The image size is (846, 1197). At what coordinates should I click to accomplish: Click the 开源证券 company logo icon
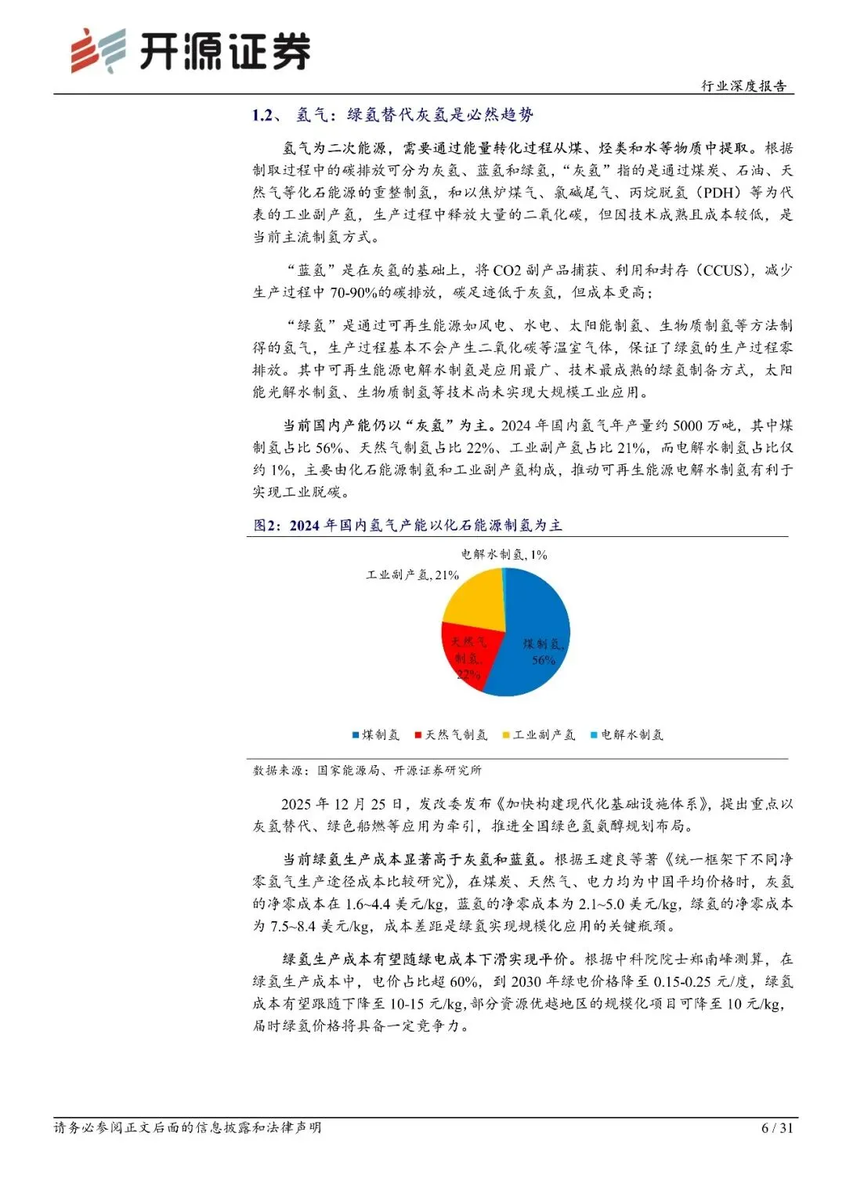[x=97, y=52]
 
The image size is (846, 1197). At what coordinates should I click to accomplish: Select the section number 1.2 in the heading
[x=262, y=116]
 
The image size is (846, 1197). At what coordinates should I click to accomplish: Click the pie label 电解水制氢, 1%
[x=504, y=555]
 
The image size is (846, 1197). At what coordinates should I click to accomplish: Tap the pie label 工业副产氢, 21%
[x=412, y=575]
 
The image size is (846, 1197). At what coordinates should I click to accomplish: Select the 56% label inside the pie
[x=544, y=661]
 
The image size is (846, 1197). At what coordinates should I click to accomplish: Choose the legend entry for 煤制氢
[x=376, y=735]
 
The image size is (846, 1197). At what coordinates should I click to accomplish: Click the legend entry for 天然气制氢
[x=451, y=735]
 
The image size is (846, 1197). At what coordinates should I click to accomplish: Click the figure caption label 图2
[x=266, y=526]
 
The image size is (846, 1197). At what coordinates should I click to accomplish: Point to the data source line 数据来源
[x=367, y=771]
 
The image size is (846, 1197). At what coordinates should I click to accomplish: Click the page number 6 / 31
[x=777, y=1128]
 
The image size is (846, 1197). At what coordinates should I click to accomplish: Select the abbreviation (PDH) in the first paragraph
[x=721, y=193]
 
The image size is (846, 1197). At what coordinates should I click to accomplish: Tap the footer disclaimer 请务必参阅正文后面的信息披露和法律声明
[x=187, y=1128]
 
